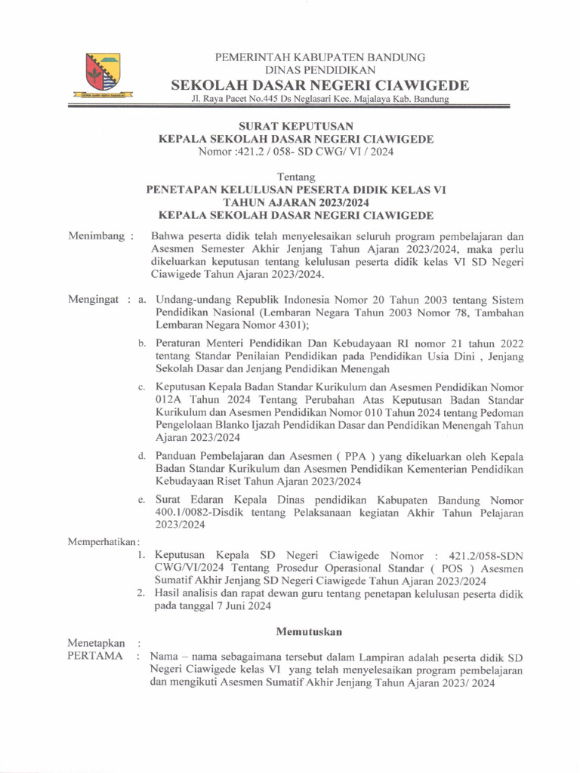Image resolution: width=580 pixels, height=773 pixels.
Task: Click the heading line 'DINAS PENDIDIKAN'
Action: [320, 69]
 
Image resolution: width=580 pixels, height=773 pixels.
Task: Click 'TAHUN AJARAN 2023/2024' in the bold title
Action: [296, 203]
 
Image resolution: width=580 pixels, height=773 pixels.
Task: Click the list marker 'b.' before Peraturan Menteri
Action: [141, 343]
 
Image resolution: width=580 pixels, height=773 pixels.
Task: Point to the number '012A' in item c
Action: [168, 400]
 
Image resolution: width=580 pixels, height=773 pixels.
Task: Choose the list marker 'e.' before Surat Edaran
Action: [141, 500]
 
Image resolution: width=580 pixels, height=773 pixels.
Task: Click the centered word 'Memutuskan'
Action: [310, 630]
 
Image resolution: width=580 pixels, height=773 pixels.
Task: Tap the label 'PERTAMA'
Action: [94, 655]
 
